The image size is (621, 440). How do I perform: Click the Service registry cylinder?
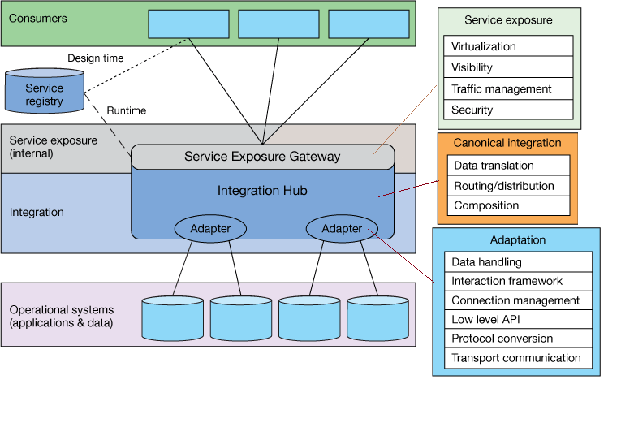pyautogui.click(x=44, y=93)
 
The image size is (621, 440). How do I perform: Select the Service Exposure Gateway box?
pyautogui.click(x=262, y=157)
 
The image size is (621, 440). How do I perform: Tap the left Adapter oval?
pyautogui.click(x=210, y=229)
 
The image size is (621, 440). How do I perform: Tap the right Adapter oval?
pyautogui.click(x=342, y=229)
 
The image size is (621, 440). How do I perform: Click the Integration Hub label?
pyautogui.click(x=261, y=191)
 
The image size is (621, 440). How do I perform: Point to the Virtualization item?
pyautogui.click(x=508, y=46)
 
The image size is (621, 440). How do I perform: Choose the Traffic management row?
pyautogui.click(x=508, y=88)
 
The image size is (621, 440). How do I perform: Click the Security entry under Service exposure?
pyautogui.click(x=508, y=110)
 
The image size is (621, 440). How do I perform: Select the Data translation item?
pyautogui.click(x=508, y=166)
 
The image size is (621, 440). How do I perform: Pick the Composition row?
pyautogui.click(x=508, y=205)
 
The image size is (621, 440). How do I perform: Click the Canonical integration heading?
pyautogui.click(x=507, y=143)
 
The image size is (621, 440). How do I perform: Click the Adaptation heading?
pyautogui.click(x=518, y=240)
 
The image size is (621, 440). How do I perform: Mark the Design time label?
pyautogui.click(x=95, y=58)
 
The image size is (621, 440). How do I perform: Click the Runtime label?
pyautogui.click(x=127, y=110)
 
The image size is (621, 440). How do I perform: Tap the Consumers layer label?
pyautogui.click(x=38, y=18)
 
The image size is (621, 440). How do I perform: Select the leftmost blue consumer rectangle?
pyautogui.click(x=188, y=24)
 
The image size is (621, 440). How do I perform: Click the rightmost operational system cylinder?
pyautogui.click(x=377, y=317)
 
